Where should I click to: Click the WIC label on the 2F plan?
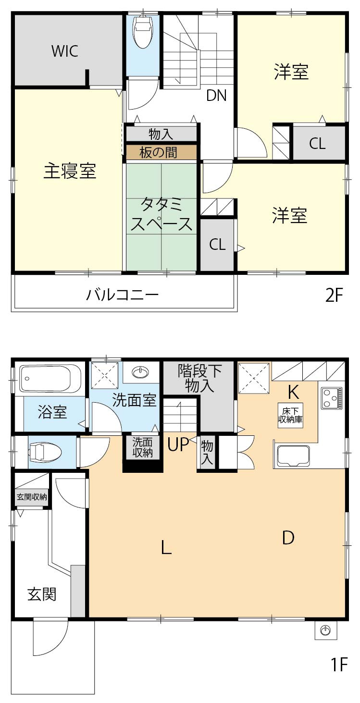[x=65, y=51]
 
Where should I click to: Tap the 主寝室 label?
[x=70, y=171]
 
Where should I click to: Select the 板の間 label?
[x=158, y=152]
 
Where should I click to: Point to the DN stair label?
[x=216, y=96]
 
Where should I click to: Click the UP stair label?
[x=177, y=445]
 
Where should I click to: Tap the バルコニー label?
[x=123, y=294]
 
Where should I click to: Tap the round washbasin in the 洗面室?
[x=140, y=371]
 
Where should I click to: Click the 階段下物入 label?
[x=200, y=378]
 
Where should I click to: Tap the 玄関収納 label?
[x=32, y=497]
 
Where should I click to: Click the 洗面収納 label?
[x=143, y=447]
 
